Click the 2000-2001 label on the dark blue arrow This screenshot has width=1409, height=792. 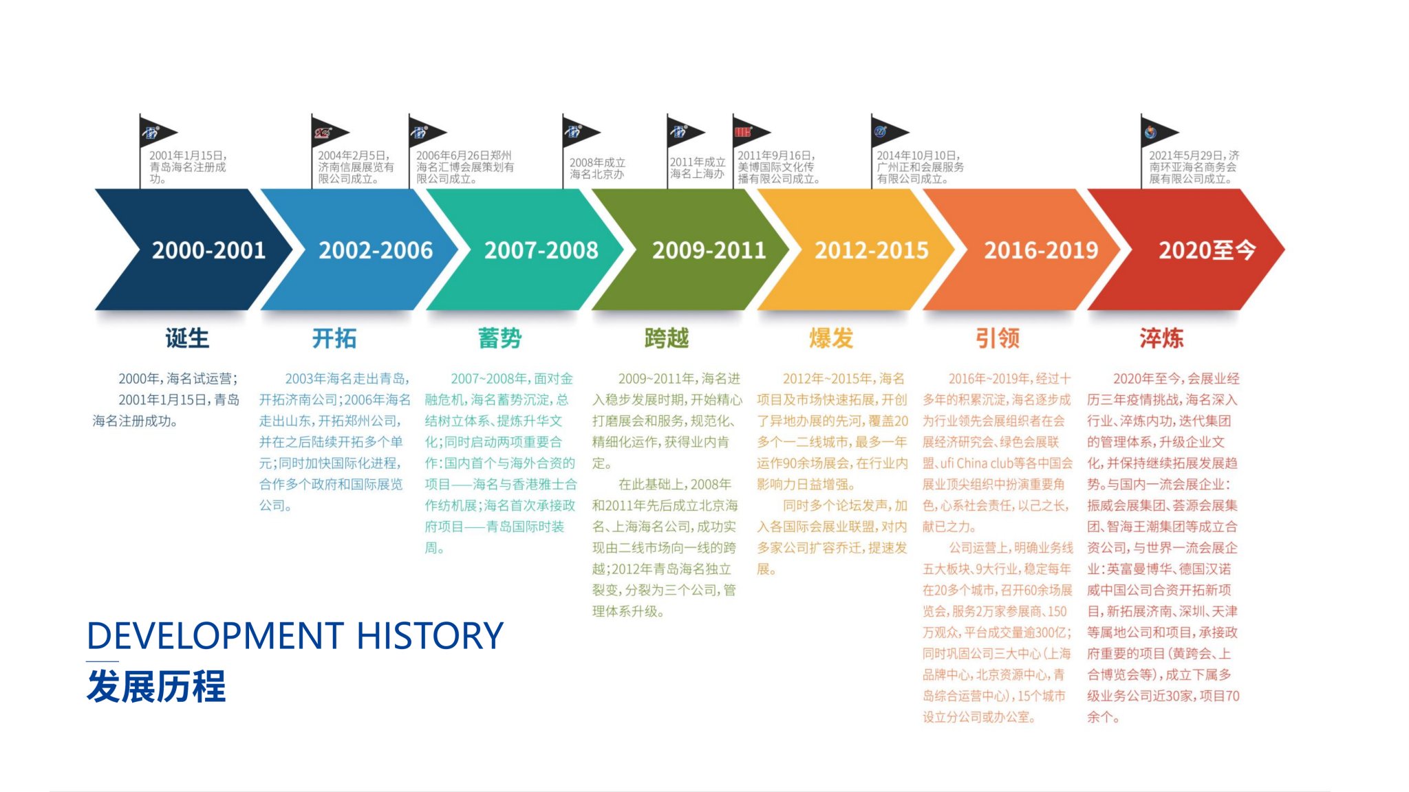pos(208,250)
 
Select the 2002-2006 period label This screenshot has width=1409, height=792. pos(376,250)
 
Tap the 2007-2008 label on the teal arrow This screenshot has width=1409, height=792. pos(541,250)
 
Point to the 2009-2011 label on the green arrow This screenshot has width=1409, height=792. pos(709,250)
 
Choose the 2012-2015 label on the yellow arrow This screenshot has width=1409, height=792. pos(872,250)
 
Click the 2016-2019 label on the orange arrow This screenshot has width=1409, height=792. pos(1041,250)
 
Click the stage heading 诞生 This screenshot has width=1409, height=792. pos(187,338)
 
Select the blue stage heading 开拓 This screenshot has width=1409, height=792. pos(334,338)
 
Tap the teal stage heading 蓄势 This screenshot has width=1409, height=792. pos(500,338)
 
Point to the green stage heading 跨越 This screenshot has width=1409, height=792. pos(667,338)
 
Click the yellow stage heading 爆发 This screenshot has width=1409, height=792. pos(831,338)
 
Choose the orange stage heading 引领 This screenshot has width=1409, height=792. pos(998,338)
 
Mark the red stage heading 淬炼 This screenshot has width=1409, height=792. pos(1162,338)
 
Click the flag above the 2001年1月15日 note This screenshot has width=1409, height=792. pos(157,131)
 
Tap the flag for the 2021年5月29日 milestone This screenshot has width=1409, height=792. pos(1158,131)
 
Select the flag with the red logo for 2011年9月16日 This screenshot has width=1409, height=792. pos(750,131)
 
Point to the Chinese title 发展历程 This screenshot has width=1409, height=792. pos(156,686)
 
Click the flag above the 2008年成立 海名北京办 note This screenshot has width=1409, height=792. pos(580,131)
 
